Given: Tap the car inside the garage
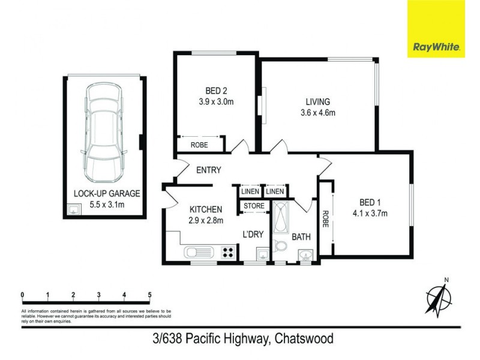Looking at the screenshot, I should click(105, 132).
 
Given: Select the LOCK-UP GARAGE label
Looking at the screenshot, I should click(106, 193).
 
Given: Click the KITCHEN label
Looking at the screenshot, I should click(206, 209).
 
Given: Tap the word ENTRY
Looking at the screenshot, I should click(209, 170).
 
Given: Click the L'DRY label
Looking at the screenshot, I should click(253, 234).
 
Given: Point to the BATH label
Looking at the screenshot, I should click(301, 237).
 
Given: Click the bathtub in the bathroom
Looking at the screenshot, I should click(280, 220).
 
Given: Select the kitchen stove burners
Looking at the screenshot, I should click(228, 253).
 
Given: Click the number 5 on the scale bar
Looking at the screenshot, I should click(149, 295).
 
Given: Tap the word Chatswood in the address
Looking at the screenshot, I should click(304, 339).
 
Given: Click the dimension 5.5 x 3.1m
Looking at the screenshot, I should click(106, 205).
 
